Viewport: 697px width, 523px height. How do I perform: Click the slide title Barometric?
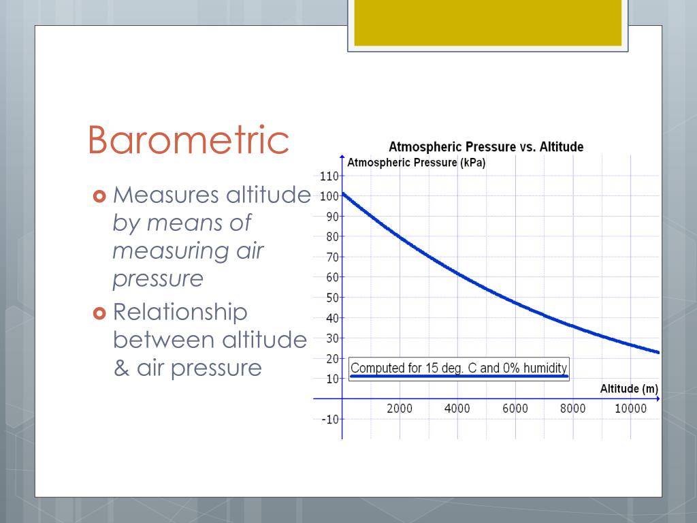[189, 140]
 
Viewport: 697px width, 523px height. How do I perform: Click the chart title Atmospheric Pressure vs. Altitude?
[485, 147]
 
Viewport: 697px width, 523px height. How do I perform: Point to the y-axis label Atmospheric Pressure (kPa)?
[416, 163]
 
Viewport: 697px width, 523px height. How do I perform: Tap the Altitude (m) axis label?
[629, 389]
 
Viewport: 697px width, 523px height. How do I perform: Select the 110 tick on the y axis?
[329, 176]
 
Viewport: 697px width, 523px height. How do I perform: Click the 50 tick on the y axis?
[331, 298]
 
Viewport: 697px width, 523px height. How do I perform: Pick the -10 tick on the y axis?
[329, 419]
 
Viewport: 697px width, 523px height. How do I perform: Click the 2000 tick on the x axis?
[400, 409]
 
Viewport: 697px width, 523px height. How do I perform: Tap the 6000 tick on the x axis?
[515, 409]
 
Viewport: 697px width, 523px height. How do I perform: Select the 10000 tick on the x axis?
[630, 409]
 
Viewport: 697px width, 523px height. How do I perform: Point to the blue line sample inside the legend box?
[458, 376]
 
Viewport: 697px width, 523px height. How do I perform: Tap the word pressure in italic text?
[158, 279]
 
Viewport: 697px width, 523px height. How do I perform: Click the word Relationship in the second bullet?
[180, 313]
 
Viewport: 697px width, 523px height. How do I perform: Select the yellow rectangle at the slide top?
[487, 22]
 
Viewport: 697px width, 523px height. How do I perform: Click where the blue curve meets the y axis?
[342, 193]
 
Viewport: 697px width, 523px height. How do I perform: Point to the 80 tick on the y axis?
[331, 237]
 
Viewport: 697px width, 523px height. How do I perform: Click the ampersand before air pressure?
[121, 368]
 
